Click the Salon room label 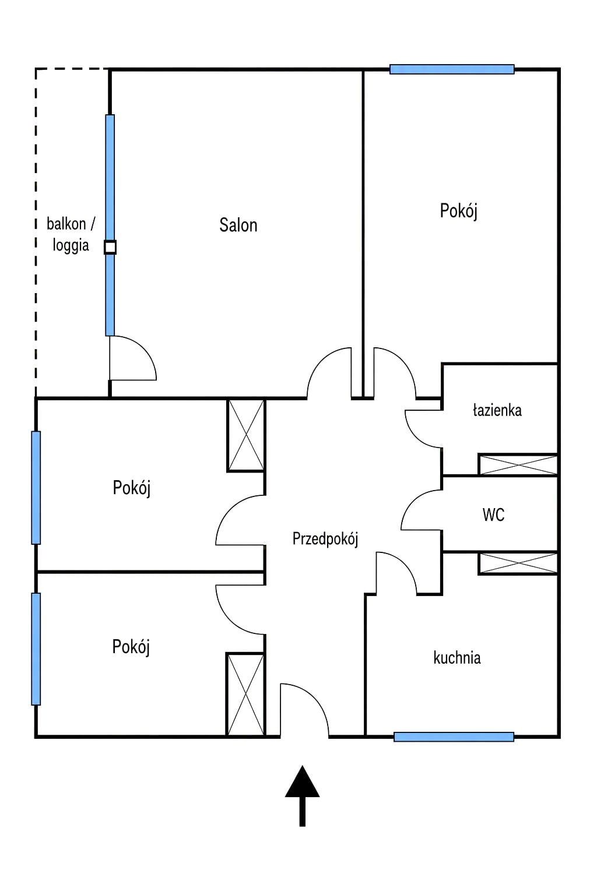(x=238, y=225)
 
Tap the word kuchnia (x=456, y=657)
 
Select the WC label (x=493, y=515)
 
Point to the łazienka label (x=497, y=410)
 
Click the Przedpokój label (x=325, y=539)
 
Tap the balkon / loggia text (x=71, y=234)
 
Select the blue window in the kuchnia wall (x=454, y=737)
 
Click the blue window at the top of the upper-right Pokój (x=452, y=69)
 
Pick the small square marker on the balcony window (x=110, y=247)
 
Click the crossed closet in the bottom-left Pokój (x=245, y=694)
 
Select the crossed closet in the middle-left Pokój (x=246, y=435)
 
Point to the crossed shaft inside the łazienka (x=518, y=464)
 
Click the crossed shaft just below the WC (x=518, y=563)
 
